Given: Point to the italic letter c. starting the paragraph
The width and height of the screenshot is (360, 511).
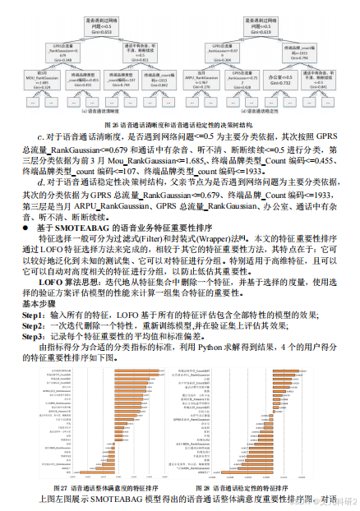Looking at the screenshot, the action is (x=40, y=135).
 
